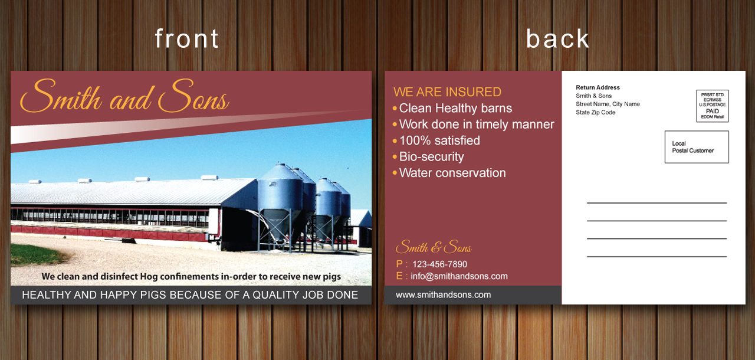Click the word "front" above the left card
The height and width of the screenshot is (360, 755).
187,38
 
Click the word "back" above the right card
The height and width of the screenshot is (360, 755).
558,38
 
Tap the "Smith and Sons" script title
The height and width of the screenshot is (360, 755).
124,96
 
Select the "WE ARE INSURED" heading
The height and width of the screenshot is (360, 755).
447,92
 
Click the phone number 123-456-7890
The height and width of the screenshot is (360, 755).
439,264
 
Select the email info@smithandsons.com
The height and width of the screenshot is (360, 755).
459,276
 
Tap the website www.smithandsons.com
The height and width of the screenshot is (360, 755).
443,295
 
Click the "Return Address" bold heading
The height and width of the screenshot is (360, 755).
598,88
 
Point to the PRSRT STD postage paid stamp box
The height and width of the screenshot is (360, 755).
712,106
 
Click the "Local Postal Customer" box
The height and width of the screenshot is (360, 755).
697,147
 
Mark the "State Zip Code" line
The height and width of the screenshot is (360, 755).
595,112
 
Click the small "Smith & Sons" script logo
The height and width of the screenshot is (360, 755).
434,247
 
